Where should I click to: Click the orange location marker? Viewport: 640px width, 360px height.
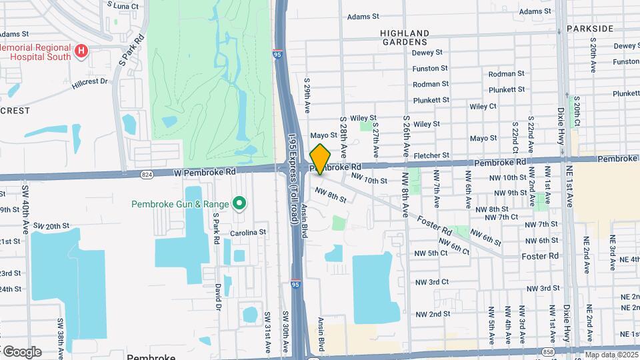[320, 159]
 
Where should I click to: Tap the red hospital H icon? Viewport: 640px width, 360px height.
[81, 51]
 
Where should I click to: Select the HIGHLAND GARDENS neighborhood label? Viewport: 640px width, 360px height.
[405, 37]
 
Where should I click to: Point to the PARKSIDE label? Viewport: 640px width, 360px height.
[590, 29]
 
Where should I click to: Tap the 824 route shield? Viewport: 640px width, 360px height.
[146, 175]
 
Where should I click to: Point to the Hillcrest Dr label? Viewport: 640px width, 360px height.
[89, 83]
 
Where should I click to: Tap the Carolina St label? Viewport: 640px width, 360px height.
[248, 233]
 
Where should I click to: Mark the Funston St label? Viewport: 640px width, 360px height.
[430, 69]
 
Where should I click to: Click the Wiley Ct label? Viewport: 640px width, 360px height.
[483, 106]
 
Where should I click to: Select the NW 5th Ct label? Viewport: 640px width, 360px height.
[431, 253]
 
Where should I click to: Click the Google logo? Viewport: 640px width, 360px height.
[23, 352]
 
